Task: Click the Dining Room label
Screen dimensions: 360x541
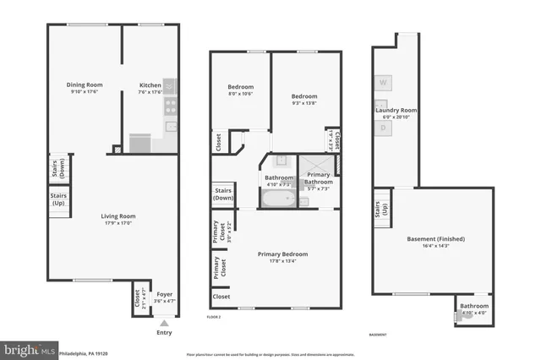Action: pyautogui.click(x=85, y=85)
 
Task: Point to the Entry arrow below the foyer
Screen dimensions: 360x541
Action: pyautogui.click(x=164, y=322)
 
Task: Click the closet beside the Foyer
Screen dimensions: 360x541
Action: pyautogui.click(x=137, y=297)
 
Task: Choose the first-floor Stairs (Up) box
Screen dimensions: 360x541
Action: pyautogui.click(x=59, y=200)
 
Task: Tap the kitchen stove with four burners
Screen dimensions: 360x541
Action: pyautogui.click(x=170, y=106)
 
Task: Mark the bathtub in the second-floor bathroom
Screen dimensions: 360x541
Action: pyautogui.click(x=278, y=200)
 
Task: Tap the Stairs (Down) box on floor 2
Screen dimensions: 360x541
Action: pyautogui.click(x=224, y=195)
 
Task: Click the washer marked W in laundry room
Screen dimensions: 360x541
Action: pyautogui.click(x=383, y=83)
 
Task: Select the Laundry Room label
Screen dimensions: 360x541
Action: pyautogui.click(x=396, y=110)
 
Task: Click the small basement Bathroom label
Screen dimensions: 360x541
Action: pyautogui.click(x=474, y=306)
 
